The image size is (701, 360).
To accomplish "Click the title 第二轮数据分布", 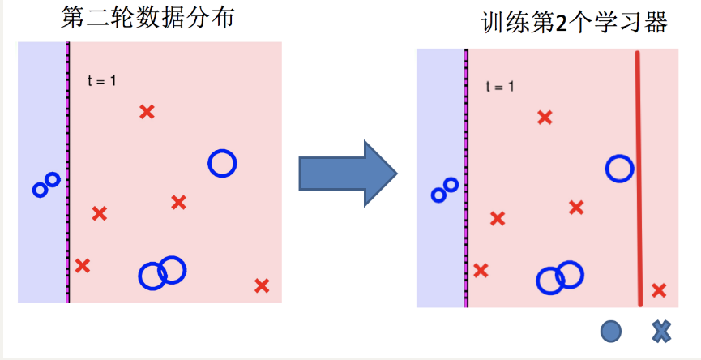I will tap(147, 18).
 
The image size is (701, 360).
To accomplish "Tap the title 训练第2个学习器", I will tap(574, 22).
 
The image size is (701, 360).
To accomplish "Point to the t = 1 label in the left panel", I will tap(102, 79).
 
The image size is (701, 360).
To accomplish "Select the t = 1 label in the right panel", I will tap(500, 85).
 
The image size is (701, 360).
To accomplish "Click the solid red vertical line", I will tap(639, 178).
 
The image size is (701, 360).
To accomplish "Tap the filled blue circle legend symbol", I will tap(611, 330).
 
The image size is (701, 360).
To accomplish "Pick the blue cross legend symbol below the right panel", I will tap(661, 330).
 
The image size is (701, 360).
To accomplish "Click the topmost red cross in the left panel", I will tap(147, 112).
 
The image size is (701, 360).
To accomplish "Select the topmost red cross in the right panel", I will tap(545, 118).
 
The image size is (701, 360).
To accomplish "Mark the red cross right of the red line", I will tap(659, 289).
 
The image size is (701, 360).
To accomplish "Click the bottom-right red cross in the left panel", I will tap(261, 285).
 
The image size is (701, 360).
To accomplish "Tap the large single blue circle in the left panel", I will tap(221, 164).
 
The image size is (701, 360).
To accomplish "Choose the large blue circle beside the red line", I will tap(619, 169).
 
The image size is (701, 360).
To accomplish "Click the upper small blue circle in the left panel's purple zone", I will tap(53, 179).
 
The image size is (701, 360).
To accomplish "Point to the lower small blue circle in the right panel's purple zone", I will tap(438, 195).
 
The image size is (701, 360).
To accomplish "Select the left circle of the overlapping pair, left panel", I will tap(152, 276).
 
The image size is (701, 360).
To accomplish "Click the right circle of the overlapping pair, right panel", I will tap(571, 275).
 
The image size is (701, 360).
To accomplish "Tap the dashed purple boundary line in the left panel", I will tap(68, 173).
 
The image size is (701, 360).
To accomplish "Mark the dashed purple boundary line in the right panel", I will tap(467, 178).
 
